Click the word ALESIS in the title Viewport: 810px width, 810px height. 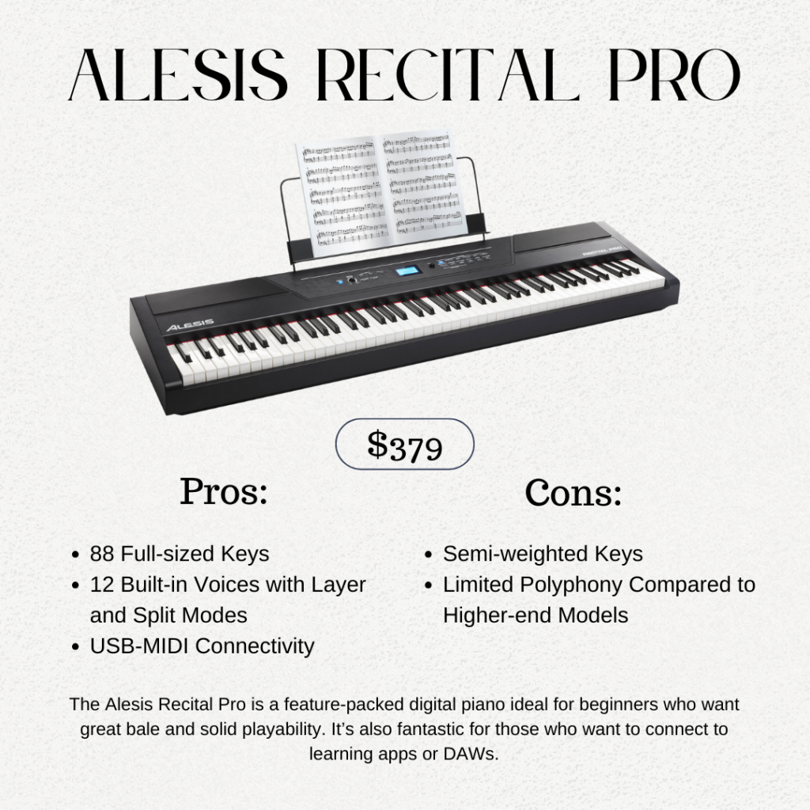178,75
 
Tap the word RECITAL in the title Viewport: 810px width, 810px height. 447,75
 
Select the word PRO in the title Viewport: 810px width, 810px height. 674,75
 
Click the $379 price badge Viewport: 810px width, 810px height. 405,445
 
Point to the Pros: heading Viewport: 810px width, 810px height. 224,491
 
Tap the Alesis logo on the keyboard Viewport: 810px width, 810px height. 190,325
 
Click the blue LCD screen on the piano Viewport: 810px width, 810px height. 409,271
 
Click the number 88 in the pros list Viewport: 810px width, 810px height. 102,554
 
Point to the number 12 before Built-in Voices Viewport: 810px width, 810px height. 102,585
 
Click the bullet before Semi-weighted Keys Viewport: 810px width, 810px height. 428,555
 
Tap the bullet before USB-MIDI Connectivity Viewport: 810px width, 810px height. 75,647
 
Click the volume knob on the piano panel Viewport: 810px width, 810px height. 352,280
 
